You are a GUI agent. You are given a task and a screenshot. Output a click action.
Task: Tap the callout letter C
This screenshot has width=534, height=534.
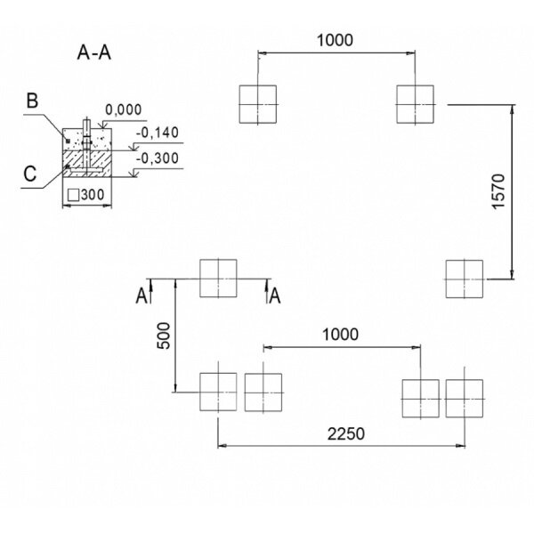click(x=30, y=174)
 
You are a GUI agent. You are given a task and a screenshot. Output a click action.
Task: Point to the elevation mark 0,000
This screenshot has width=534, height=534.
click(x=124, y=110)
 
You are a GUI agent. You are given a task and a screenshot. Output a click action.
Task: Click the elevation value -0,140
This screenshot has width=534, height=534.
click(x=158, y=133)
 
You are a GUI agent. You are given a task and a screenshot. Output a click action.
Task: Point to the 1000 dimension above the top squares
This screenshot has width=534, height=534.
click(x=336, y=39)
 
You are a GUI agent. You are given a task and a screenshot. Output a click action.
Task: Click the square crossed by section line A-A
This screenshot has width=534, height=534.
click(x=219, y=278)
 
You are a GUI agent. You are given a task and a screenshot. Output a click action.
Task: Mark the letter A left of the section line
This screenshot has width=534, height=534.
click(x=141, y=295)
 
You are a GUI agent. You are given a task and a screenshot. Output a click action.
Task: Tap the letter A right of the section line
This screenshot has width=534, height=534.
click(x=276, y=295)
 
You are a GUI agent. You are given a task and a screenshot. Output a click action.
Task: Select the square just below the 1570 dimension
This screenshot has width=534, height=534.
click(x=465, y=279)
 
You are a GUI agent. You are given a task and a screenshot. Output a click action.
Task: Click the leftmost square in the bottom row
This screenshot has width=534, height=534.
click(x=218, y=392)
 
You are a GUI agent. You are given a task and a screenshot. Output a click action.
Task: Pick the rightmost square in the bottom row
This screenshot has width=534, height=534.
click(x=465, y=398)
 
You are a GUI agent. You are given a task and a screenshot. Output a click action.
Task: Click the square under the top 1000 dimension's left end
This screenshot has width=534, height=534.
click(x=258, y=104)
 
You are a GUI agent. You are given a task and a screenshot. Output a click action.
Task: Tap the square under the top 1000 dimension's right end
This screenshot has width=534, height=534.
click(x=416, y=104)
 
